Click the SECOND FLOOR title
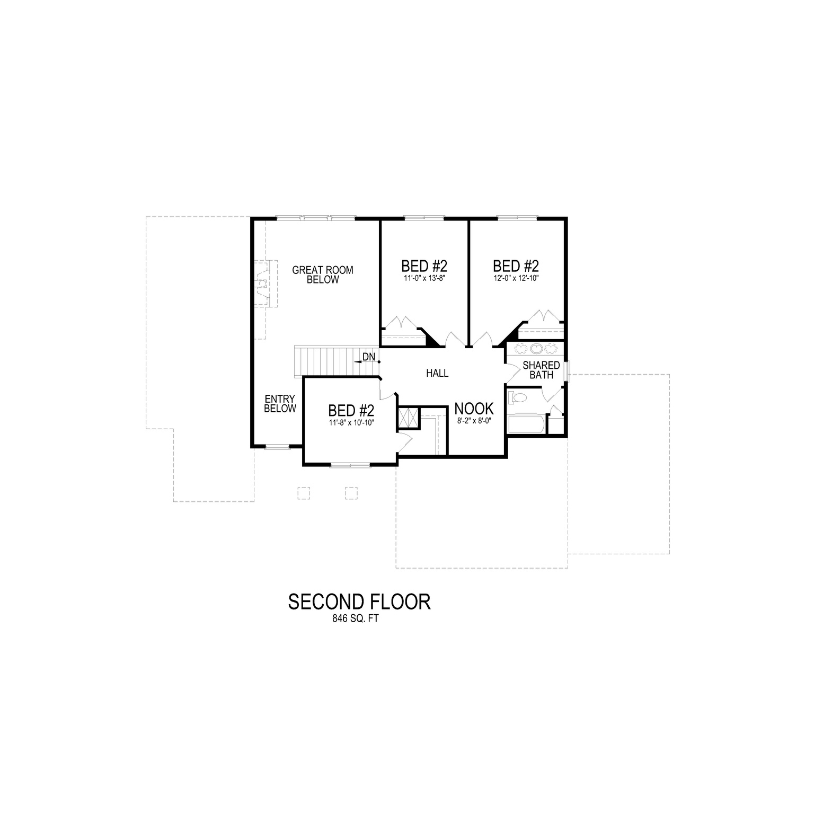(x=359, y=602)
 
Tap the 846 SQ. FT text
(x=356, y=618)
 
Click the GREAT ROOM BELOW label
(x=323, y=275)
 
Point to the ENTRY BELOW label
(x=280, y=403)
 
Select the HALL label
(x=437, y=373)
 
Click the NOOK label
(x=474, y=409)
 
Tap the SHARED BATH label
(x=541, y=370)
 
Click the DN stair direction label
(x=369, y=357)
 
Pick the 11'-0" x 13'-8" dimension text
(x=424, y=278)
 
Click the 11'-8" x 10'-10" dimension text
(x=351, y=423)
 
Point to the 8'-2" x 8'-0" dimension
(x=474, y=421)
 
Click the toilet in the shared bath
(x=517, y=397)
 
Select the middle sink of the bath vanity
(x=536, y=349)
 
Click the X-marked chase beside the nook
(x=409, y=417)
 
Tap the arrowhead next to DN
(x=358, y=360)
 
